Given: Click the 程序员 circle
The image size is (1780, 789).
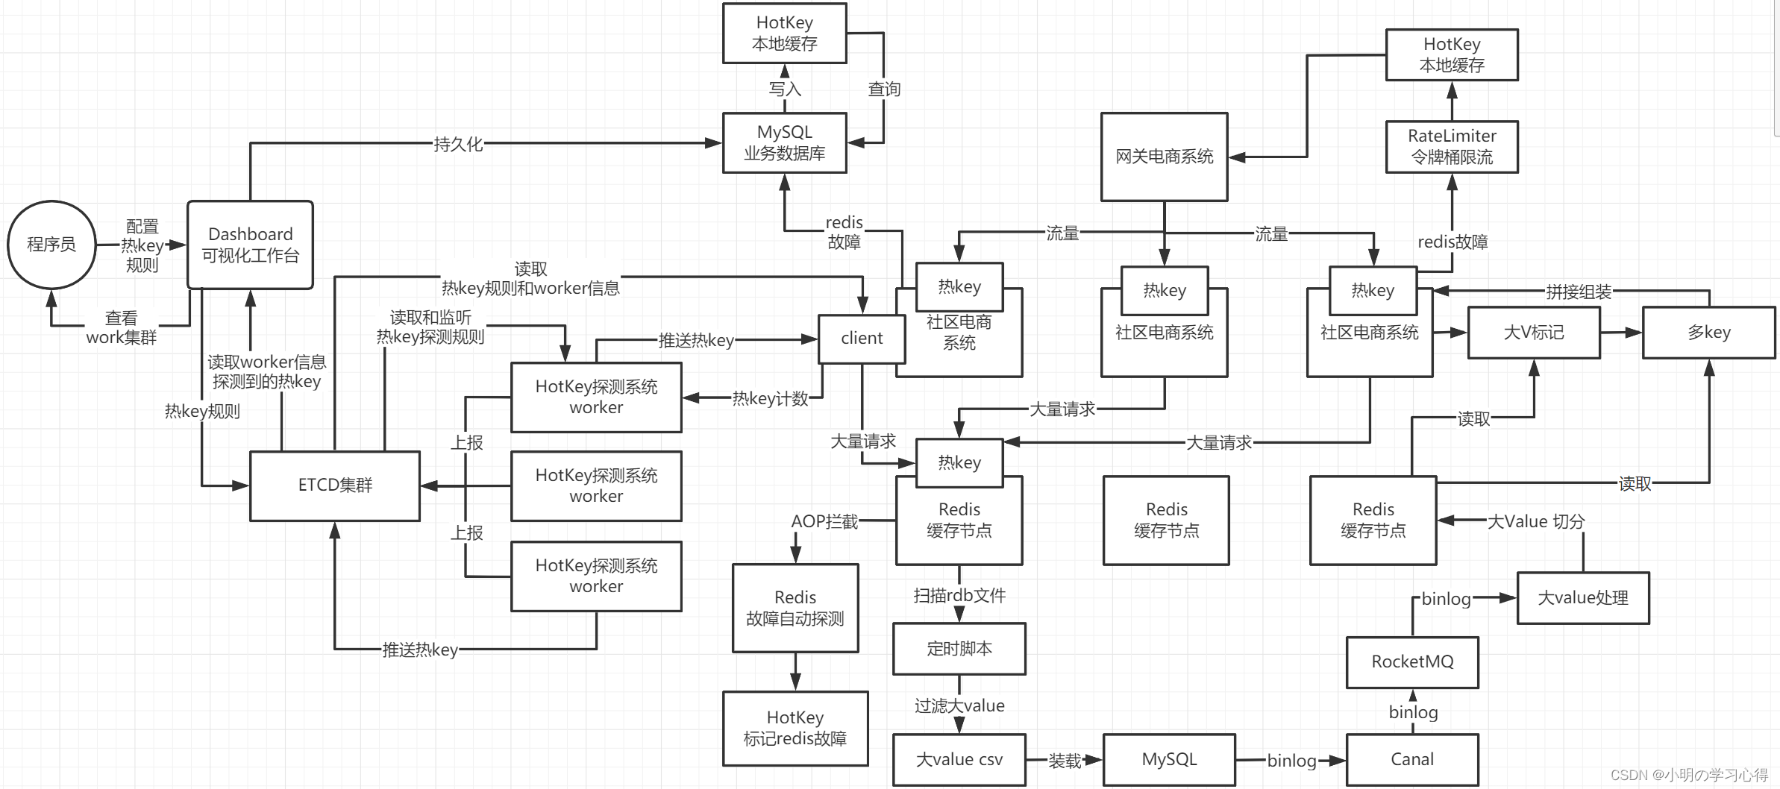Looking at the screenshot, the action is pos(51,245).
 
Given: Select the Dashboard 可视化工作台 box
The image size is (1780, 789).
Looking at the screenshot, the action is pos(250,245).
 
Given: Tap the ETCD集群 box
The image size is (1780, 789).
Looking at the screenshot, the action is pos(335,485).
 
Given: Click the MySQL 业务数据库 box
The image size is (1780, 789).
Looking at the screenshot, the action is pos(785,142).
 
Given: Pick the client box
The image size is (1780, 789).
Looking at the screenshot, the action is pos(862,339).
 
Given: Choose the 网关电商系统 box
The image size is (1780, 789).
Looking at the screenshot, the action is pos(1165,157).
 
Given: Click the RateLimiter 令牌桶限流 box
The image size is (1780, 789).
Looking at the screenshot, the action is pos(1452,147).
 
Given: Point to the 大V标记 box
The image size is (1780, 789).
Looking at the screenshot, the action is pos(1534,333).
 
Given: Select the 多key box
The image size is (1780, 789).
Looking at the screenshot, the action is pos(1709,333).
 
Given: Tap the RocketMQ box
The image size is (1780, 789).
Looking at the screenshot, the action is pos(1412,662).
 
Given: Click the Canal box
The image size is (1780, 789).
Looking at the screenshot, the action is pos(1412,760).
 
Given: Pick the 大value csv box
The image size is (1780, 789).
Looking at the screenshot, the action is pos(959,760).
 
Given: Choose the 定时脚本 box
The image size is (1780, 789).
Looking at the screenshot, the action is pos(959,649).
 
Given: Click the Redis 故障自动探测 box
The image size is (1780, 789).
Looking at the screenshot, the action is pos(795,608).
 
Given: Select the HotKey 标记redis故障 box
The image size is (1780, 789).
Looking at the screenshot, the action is pos(795,729).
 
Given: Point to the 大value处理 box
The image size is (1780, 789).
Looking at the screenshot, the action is pos(1583,598).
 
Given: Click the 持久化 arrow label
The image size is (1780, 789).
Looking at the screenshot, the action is pos(458,144).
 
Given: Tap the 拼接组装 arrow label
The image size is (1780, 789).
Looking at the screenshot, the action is pos(1579,292).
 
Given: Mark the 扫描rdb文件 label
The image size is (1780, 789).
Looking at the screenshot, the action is pos(959,595).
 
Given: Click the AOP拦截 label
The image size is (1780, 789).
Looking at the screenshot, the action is pos(824,521).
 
